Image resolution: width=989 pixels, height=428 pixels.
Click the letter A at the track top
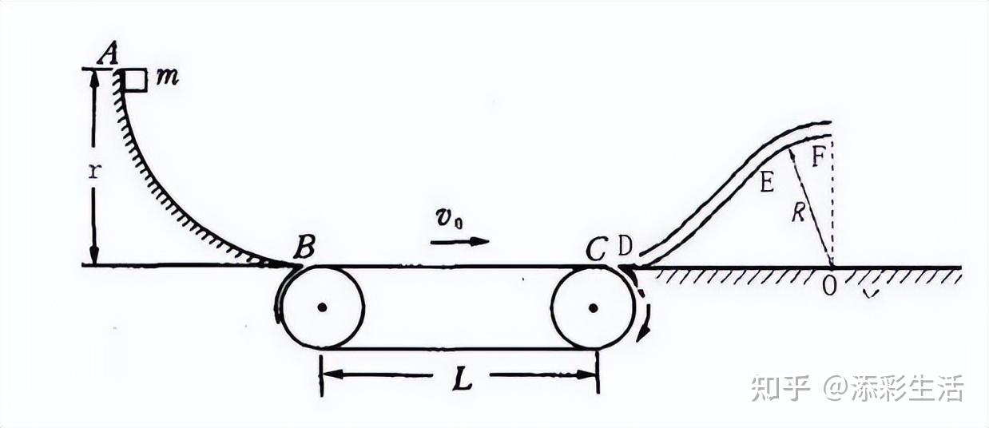tap(108, 53)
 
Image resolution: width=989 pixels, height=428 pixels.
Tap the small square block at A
tap(136, 80)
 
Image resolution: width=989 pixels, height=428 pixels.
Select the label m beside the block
tap(168, 78)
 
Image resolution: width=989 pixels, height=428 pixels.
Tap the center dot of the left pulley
tap(322, 307)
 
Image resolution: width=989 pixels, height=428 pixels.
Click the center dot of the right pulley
tap(592, 307)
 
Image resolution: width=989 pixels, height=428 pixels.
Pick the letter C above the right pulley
tap(597, 250)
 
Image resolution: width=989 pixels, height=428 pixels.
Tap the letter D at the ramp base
tap(625, 248)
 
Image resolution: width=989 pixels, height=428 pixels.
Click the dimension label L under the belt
tap(462, 380)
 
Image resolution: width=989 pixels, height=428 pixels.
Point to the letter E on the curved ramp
tap(766, 184)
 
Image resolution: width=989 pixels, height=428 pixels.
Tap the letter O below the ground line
tap(830, 286)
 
